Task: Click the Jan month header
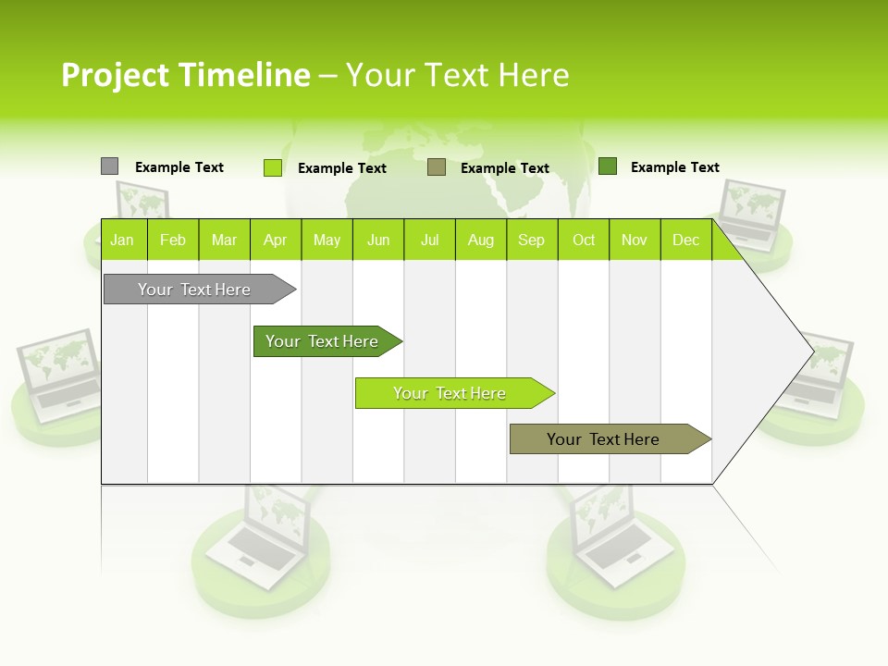(x=122, y=240)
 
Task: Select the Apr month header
(x=275, y=240)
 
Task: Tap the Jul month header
(x=429, y=240)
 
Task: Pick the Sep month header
(x=531, y=240)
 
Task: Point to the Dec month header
(x=685, y=240)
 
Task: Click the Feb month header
(x=172, y=240)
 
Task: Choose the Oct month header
(x=584, y=240)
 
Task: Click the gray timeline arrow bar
(x=195, y=290)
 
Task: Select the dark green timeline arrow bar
(x=323, y=341)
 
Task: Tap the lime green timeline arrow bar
(x=450, y=393)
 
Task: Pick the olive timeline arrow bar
(x=604, y=439)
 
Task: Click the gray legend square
(x=109, y=166)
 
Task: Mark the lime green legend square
(x=272, y=167)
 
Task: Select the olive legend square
(x=437, y=167)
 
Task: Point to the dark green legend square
(x=608, y=166)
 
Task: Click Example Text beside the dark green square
(x=674, y=167)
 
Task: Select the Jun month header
(x=378, y=240)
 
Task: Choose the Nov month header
(x=635, y=240)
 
